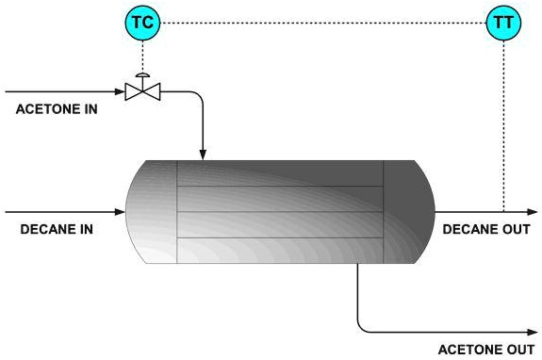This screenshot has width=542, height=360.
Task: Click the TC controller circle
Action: [x=141, y=22]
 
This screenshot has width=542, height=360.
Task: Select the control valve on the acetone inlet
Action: [x=141, y=91]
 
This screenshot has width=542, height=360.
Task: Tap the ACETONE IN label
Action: [x=57, y=109]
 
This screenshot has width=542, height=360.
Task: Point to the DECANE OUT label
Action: [x=486, y=228]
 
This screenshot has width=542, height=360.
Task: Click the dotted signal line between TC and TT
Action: [x=320, y=22]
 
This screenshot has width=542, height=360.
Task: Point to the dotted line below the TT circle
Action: [x=504, y=123]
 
